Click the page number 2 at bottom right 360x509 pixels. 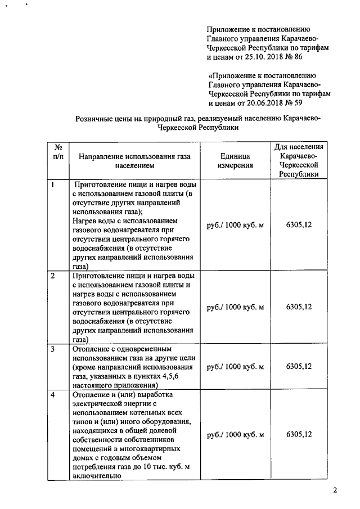point(335,490)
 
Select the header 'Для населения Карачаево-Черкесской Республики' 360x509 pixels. point(298,160)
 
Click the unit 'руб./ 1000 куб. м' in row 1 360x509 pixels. point(236,225)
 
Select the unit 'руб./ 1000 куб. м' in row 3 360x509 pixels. point(236,366)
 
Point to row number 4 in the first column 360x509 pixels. point(53,395)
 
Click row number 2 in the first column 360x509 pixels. point(53,276)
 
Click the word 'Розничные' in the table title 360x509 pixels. point(94,118)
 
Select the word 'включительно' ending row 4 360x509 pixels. point(93,476)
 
